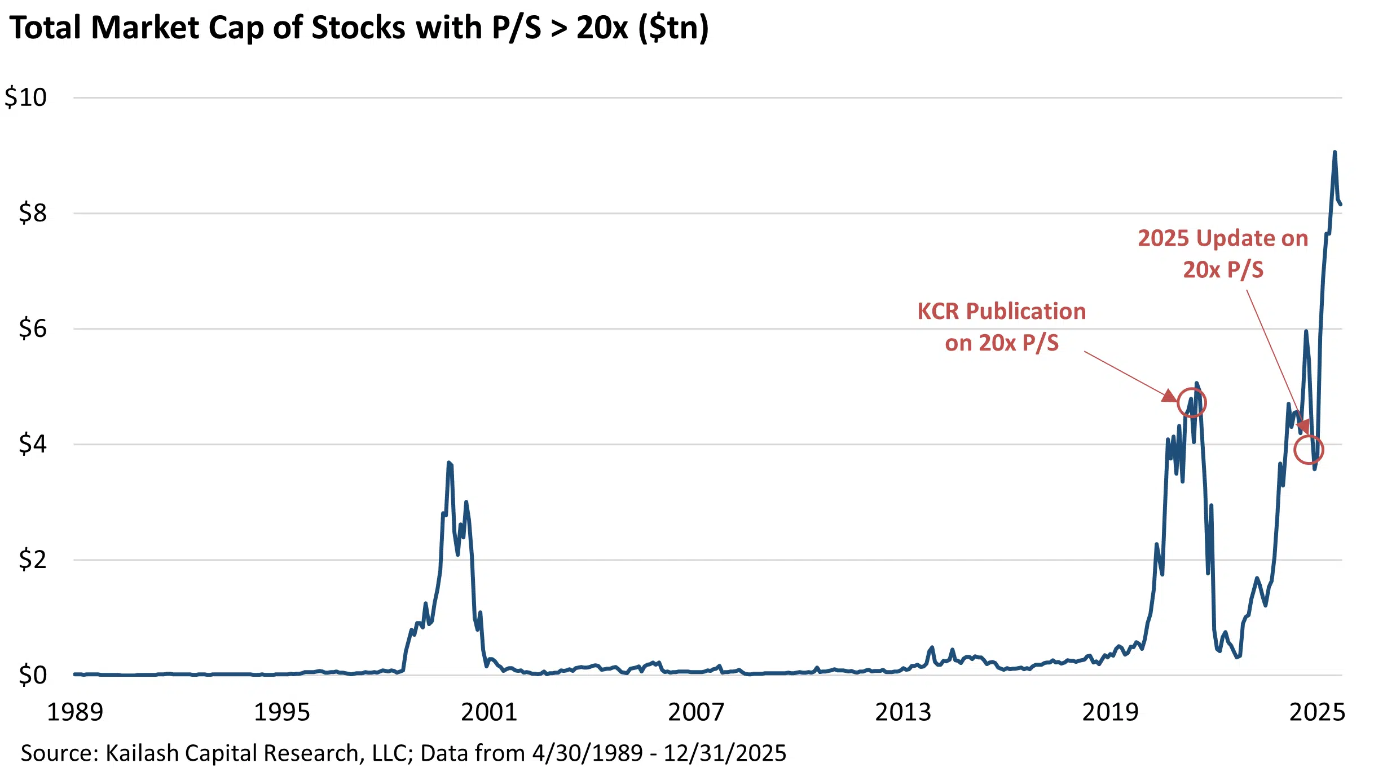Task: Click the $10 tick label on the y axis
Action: [26, 97]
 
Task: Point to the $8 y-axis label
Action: [33, 213]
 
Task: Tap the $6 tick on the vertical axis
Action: [33, 329]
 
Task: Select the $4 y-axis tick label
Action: [33, 444]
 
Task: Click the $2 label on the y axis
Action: [33, 560]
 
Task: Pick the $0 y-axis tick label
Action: [33, 674]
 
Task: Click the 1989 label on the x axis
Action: [75, 712]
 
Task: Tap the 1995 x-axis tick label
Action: [282, 712]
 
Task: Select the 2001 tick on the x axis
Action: [489, 712]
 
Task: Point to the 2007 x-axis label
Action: [696, 712]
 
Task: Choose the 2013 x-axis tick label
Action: [903, 712]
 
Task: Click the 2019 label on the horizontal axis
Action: [1110, 712]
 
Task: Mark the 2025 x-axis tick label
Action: [1317, 712]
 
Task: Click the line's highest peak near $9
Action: [1335, 152]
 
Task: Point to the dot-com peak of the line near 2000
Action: [449, 463]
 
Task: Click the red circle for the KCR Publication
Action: [1191, 402]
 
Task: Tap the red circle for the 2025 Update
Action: [1309, 450]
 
